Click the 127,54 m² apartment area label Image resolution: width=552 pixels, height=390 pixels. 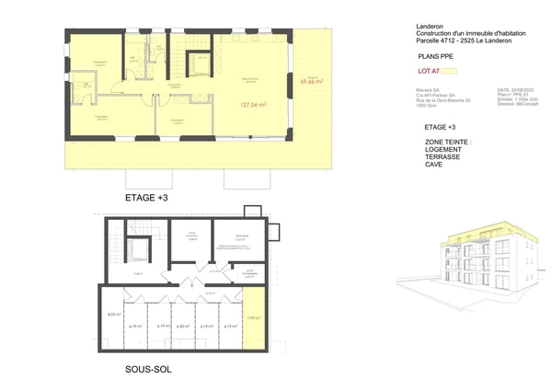252,105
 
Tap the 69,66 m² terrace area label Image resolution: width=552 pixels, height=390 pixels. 314,82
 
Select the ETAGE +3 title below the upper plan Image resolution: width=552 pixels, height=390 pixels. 146,198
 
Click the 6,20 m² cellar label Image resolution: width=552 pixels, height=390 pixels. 182,325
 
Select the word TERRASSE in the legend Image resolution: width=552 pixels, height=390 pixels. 445,156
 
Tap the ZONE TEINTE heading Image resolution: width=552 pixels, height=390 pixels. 448,143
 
